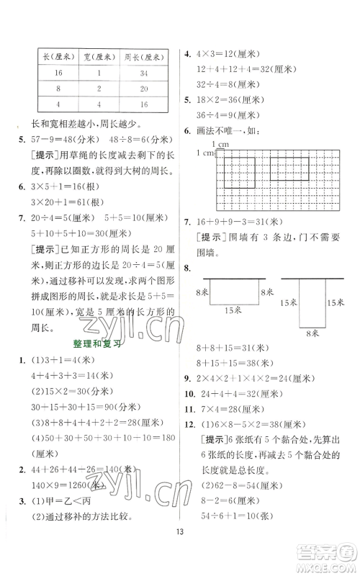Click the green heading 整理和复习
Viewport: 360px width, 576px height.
click(94, 344)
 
